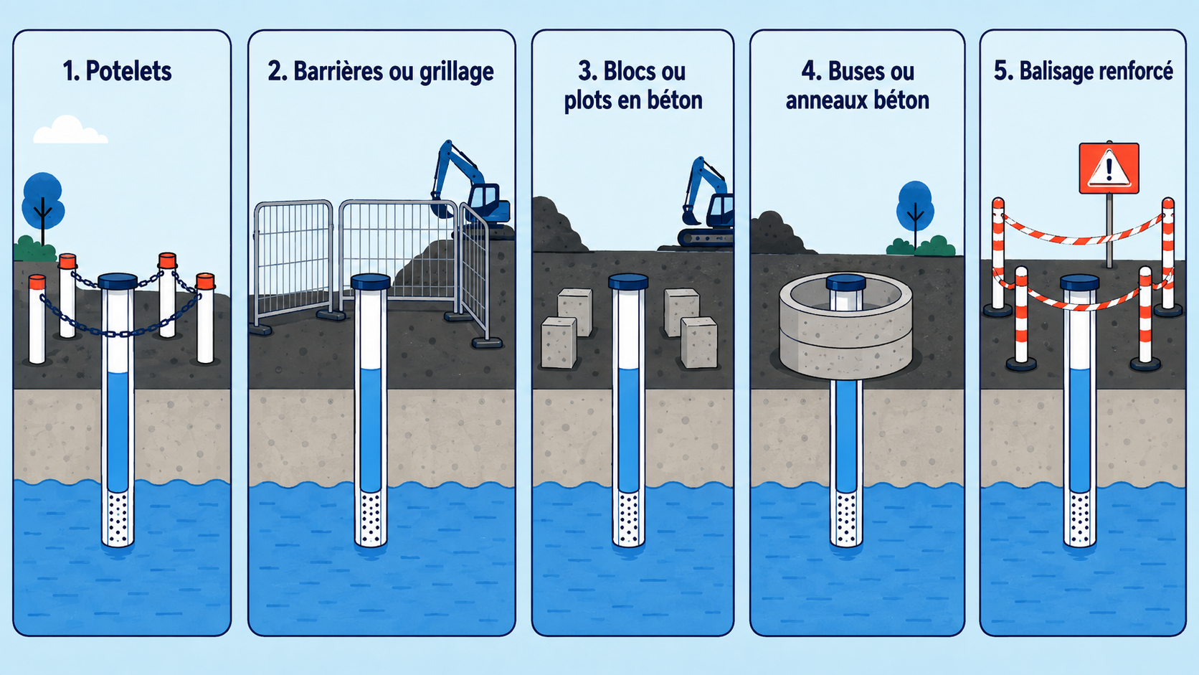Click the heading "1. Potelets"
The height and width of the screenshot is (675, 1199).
tap(117, 71)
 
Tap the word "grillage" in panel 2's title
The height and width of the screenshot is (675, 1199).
tap(457, 72)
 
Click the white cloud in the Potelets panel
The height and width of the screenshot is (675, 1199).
tap(70, 130)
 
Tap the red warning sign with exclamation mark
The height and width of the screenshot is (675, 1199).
tap(1109, 168)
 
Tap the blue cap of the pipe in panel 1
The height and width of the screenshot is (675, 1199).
tap(118, 281)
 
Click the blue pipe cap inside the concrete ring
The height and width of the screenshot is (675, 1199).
tap(845, 283)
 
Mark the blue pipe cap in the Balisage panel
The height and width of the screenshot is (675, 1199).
tap(1080, 282)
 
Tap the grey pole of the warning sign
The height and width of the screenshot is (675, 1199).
tap(1109, 230)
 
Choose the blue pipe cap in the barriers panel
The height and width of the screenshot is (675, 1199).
tap(371, 282)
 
